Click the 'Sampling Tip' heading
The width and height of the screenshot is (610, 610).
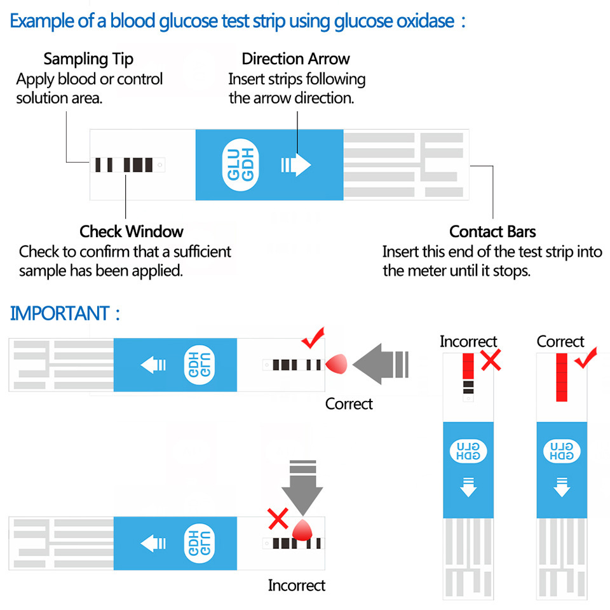click(x=88, y=60)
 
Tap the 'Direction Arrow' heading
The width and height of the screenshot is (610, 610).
click(x=295, y=60)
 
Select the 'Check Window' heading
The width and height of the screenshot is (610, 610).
click(x=132, y=231)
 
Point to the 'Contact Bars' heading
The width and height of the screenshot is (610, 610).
click(x=492, y=231)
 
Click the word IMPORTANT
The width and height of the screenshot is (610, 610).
click(x=60, y=313)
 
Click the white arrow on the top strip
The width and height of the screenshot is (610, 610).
click(x=296, y=165)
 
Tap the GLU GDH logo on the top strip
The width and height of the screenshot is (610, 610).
click(x=241, y=165)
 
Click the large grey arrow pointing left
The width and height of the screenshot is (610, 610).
click(x=380, y=365)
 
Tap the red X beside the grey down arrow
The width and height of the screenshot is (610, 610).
click(x=278, y=518)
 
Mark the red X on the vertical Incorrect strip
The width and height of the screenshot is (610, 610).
click(x=491, y=361)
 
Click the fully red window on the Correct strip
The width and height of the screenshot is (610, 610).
click(x=561, y=377)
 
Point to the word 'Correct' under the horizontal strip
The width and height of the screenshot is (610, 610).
click(x=349, y=403)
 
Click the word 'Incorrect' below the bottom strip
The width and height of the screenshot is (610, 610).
click(x=296, y=585)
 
